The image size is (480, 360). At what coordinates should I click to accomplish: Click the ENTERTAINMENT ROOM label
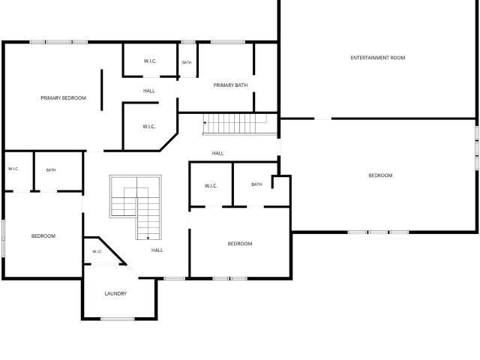(378, 58)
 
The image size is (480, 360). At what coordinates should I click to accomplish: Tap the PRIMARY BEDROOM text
(63, 98)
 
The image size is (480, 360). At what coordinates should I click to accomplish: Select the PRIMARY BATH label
(230, 85)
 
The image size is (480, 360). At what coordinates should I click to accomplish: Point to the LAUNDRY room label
(115, 293)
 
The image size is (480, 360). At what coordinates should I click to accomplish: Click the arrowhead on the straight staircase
(205, 123)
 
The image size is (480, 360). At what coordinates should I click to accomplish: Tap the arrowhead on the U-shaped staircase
(148, 238)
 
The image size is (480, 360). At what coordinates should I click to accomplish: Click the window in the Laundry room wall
(118, 319)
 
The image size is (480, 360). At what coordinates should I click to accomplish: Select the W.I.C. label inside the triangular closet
(97, 252)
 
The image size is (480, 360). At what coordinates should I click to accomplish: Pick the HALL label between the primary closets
(149, 91)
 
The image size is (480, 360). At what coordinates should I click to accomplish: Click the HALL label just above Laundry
(157, 250)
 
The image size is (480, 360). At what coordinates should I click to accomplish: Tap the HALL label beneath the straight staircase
(217, 153)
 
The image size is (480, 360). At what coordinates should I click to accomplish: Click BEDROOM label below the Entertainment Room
(380, 175)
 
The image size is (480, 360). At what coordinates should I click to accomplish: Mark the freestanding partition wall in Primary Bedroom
(102, 90)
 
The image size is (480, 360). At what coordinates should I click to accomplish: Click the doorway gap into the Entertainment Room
(323, 118)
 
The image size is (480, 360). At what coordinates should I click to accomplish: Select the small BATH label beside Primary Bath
(187, 62)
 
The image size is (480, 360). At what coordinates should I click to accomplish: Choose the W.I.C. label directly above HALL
(150, 61)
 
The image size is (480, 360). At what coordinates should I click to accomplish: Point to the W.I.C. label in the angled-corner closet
(149, 127)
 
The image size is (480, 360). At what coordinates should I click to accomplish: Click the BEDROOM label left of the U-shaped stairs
(43, 236)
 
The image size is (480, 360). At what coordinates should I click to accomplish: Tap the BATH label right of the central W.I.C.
(256, 184)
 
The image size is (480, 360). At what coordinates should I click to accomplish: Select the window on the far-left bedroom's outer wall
(3, 238)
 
